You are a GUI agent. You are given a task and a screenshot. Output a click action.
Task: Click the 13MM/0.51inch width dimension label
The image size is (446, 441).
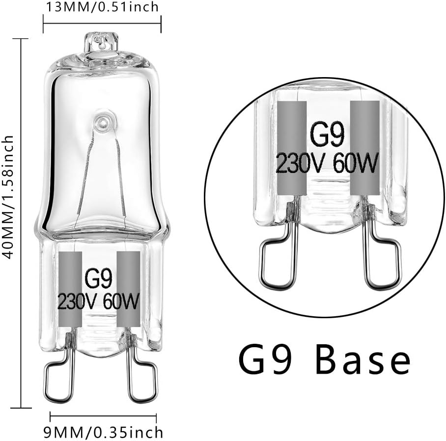pyautogui.click(x=102, y=7)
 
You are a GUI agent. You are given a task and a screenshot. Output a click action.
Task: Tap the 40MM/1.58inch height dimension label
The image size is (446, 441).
pyautogui.click(x=7, y=197)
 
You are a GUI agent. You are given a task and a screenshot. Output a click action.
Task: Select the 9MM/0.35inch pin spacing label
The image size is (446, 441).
pyautogui.click(x=103, y=432)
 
